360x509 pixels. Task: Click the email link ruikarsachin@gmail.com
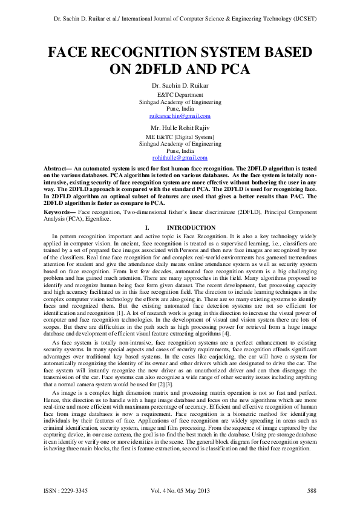(180, 115)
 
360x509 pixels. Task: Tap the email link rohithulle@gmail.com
(180, 157)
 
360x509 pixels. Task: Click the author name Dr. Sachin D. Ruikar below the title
(180, 86)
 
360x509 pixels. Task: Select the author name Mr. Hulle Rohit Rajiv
(180, 128)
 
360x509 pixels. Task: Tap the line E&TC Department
(180, 96)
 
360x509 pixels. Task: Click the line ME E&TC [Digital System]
(180, 137)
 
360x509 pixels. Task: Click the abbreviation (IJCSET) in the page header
(304, 19)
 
